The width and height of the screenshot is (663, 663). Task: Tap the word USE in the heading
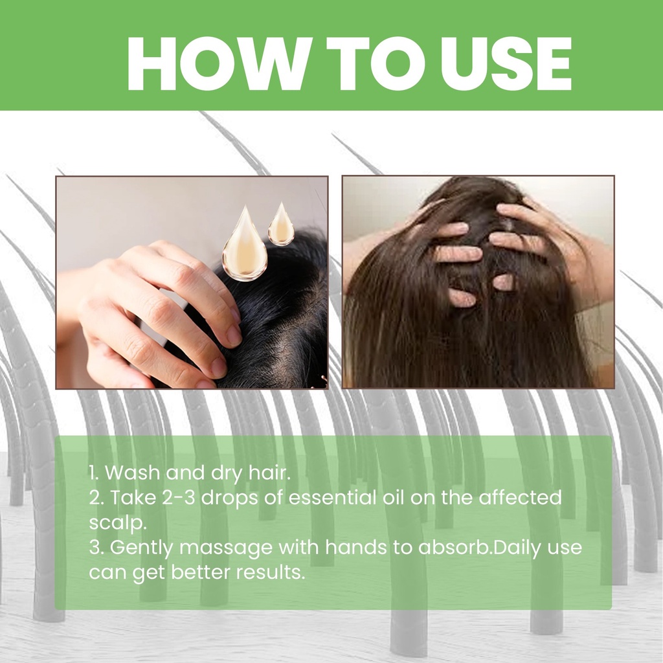[x=506, y=64]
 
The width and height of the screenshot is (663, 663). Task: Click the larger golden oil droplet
[x=245, y=243]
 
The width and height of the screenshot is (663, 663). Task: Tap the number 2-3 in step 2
[x=179, y=497]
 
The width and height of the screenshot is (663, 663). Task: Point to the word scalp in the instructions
[x=117, y=523]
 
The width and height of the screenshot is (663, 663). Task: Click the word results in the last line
[x=271, y=572]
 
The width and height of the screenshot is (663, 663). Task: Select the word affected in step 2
[x=520, y=497]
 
